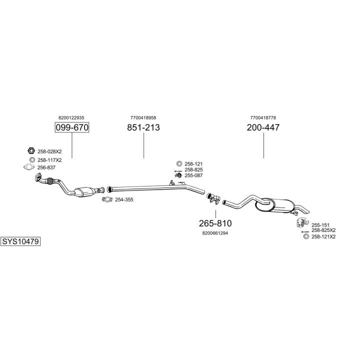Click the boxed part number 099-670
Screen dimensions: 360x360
[71, 127]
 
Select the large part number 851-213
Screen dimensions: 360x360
[143, 127]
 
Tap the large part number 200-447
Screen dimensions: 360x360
[263, 127]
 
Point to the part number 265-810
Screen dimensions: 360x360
[215, 223]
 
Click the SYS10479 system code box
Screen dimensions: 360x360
[20, 241]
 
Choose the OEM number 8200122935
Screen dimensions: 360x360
[71, 117]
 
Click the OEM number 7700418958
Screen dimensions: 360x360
[143, 117]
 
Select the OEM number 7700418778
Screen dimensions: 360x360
[263, 117]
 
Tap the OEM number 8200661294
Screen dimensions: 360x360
[215, 233]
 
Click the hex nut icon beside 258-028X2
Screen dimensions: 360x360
[30, 151]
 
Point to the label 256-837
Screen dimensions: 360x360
[46, 167]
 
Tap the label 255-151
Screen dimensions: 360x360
[320, 225]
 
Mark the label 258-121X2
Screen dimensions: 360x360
[323, 236]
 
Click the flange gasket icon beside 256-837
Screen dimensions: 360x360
[30, 167]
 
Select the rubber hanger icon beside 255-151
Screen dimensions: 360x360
[301, 223]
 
